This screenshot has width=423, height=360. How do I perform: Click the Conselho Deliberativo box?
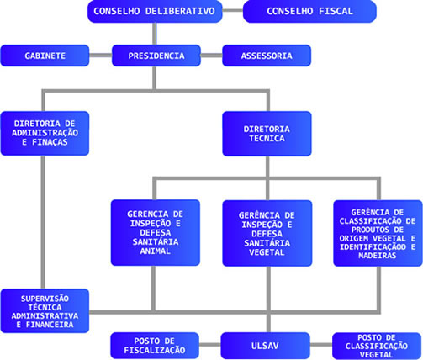point(155,11)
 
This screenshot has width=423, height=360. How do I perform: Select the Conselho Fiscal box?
point(309,11)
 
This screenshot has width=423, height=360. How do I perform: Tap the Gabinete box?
point(45,56)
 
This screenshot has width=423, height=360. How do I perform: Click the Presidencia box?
point(156,56)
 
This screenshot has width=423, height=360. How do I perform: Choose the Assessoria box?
point(267,56)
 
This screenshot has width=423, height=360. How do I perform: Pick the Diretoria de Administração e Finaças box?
point(45,134)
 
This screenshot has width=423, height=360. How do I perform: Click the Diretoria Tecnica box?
point(267,134)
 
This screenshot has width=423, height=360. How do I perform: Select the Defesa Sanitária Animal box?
point(156,232)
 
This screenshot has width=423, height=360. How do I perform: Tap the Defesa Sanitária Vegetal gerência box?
point(267,233)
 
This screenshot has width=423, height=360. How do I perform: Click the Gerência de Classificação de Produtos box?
point(378,233)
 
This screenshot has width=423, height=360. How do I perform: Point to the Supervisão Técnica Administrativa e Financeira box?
point(45,311)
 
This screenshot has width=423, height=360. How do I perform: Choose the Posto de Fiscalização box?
point(155,346)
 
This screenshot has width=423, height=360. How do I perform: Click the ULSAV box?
point(265,346)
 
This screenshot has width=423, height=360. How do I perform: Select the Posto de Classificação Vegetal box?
point(377,346)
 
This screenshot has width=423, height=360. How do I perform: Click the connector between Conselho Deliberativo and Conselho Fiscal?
point(233,11)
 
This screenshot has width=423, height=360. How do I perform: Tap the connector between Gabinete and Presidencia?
point(101,56)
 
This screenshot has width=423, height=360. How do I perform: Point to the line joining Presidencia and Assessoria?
point(211,56)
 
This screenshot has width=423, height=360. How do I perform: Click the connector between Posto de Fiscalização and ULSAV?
point(210,345)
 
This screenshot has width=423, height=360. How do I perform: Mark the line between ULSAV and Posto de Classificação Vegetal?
point(321,345)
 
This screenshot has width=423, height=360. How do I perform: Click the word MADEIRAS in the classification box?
point(377,256)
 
